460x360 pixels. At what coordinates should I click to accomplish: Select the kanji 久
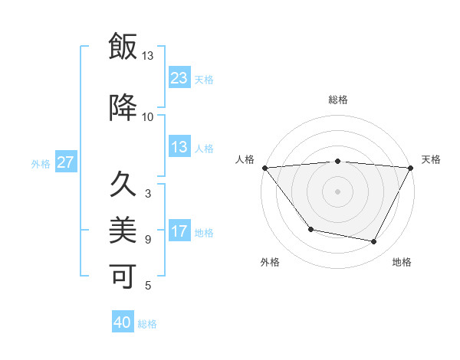click(123, 185)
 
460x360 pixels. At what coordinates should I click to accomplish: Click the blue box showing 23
click(179, 78)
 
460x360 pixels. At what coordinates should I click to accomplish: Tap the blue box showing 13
click(179, 148)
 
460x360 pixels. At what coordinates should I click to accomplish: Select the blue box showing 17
click(179, 232)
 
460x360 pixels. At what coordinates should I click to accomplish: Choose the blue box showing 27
click(65, 162)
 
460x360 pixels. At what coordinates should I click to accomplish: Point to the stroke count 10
click(148, 117)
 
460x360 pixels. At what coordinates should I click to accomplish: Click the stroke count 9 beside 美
click(148, 240)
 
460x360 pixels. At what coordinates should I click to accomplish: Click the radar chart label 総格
click(338, 100)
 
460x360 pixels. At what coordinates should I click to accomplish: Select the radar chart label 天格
click(431, 159)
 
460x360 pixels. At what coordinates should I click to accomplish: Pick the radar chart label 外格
click(270, 262)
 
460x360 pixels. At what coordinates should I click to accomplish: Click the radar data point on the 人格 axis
click(264, 168)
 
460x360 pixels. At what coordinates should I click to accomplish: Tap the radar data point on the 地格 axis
click(374, 242)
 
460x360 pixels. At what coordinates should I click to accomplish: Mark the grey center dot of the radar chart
click(337, 191)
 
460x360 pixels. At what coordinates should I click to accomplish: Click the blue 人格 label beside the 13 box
click(204, 149)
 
